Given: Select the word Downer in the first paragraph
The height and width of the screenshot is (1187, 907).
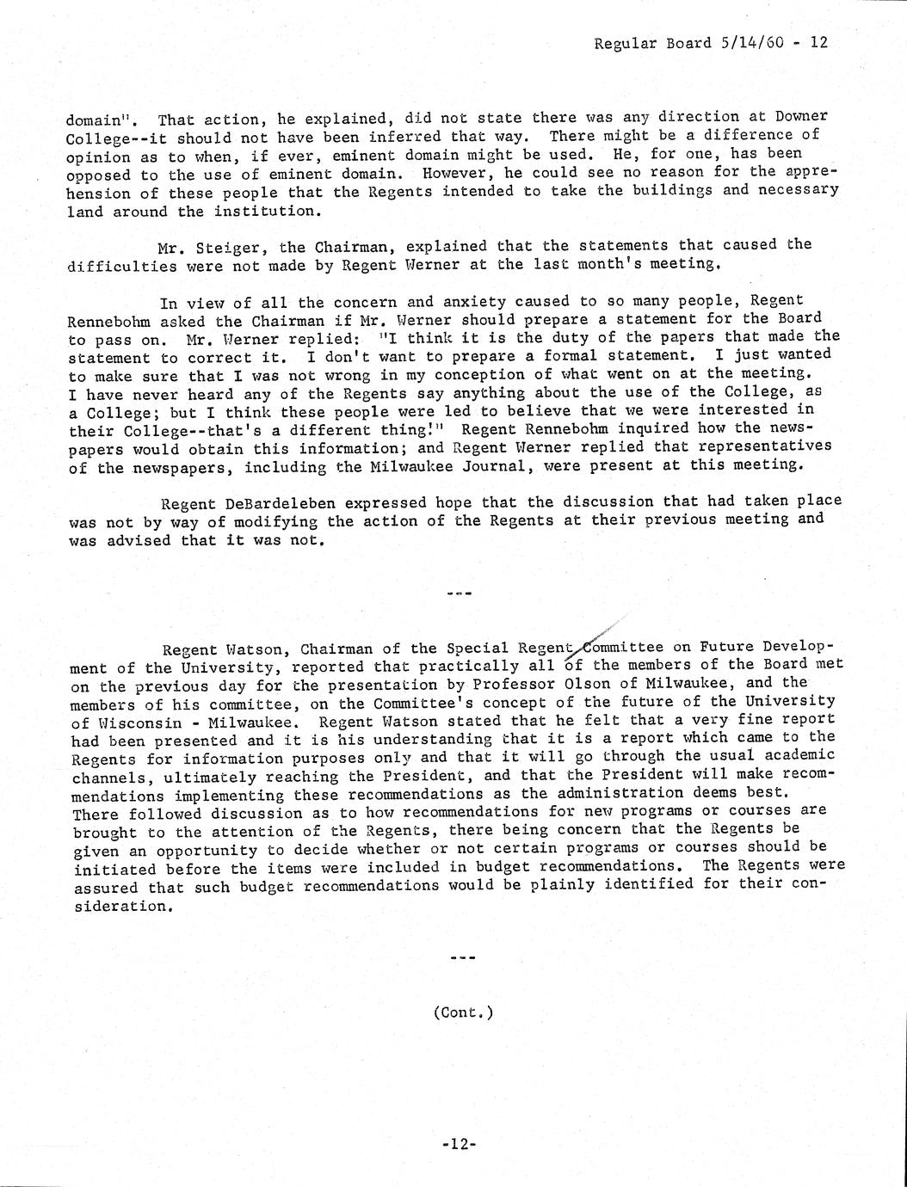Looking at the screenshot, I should click(x=797, y=117).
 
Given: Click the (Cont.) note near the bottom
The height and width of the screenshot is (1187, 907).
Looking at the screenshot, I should click(x=463, y=1012).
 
